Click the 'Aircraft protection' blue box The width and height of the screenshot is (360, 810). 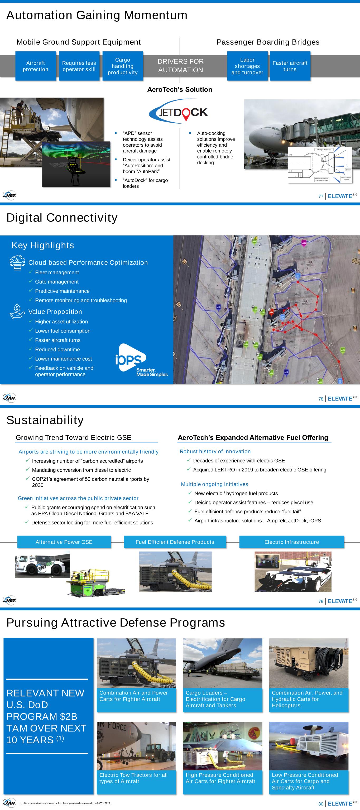[36, 66]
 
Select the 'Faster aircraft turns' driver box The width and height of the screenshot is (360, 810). [290, 66]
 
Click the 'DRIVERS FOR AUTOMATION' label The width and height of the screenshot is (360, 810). [180, 66]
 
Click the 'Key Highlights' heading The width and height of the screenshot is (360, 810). [43, 245]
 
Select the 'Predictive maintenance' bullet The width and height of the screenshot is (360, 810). [62, 291]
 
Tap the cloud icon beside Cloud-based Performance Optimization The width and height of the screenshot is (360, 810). [17, 263]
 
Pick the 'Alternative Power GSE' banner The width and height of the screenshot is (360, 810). [64, 542]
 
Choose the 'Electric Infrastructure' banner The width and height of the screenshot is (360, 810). [291, 542]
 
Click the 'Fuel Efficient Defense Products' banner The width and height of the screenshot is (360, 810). [175, 542]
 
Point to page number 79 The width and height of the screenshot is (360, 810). [321, 601]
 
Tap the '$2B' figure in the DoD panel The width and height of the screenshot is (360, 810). [69, 716]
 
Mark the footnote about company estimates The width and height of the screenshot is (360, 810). [65, 803]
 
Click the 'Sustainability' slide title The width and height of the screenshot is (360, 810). [45, 420]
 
